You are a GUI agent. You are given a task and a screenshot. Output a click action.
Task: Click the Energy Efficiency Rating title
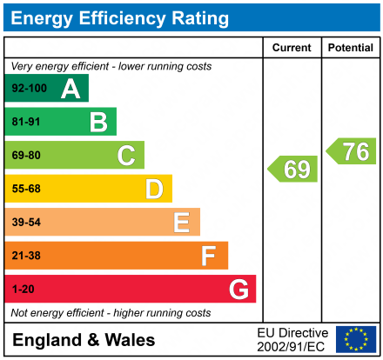[x=121, y=17]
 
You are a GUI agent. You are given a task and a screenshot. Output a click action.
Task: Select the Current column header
[x=292, y=48]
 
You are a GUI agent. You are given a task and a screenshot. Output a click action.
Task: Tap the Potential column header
[x=350, y=48]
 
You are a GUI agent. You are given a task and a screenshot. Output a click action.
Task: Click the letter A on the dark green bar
[x=70, y=89]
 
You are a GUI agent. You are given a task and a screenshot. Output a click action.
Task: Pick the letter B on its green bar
[x=97, y=122]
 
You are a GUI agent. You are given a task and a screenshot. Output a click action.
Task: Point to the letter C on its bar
[x=126, y=156]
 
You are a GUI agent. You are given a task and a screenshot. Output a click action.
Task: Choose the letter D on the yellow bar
[x=154, y=189]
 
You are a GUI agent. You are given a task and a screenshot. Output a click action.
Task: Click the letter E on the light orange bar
[x=181, y=223]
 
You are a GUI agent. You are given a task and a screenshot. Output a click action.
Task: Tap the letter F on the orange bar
[x=209, y=256]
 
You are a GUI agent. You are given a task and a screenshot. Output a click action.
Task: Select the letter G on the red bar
[x=238, y=289]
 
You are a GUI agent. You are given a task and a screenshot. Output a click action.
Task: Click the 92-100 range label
[x=29, y=89]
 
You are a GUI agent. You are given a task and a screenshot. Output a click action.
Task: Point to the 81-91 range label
[x=26, y=122]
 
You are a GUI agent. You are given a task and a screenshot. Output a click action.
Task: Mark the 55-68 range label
[x=26, y=189]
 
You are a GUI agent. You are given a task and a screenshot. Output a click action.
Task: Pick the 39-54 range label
[x=26, y=223]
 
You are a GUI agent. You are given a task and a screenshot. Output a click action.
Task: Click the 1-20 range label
[x=23, y=289]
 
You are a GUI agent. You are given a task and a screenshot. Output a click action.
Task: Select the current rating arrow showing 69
[x=293, y=169]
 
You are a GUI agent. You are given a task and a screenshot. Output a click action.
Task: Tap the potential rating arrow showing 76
[x=352, y=151]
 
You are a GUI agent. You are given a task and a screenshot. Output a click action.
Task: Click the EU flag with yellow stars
[x=356, y=339]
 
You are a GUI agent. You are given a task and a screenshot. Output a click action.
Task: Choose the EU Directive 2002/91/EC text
[x=292, y=339]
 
